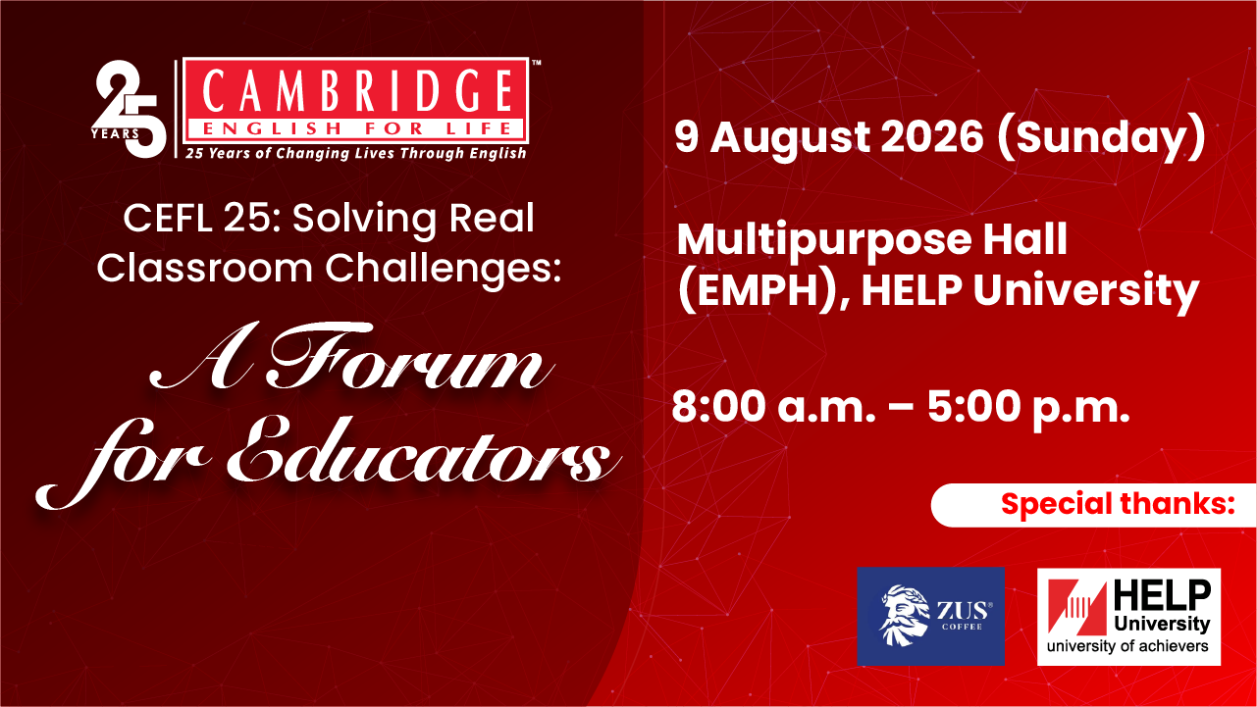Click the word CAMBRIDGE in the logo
coord(356,91)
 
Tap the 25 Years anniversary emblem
coord(129,109)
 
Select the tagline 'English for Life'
coord(356,129)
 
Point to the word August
coord(790,139)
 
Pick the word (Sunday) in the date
coord(1101,138)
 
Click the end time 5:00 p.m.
coord(1028,408)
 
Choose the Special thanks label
coord(1118,504)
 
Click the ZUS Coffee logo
coord(930,616)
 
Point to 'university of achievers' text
coord(1127,646)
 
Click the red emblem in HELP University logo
coord(1076,608)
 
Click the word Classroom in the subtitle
coord(204,268)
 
